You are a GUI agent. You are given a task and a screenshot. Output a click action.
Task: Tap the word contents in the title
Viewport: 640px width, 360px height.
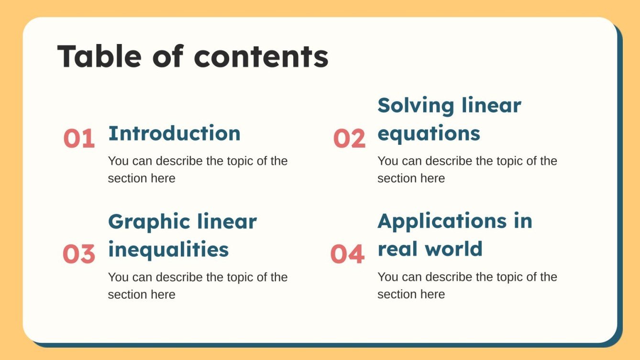pyautogui.click(x=261, y=56)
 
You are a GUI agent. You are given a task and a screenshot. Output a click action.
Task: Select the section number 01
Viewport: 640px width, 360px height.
pyautogui.click(x=79, y=139)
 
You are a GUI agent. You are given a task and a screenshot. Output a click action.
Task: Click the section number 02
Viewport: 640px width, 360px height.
pyautogui.click(x=349, y=139)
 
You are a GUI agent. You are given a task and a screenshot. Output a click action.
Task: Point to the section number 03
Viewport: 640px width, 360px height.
pyautogui.click(x=79, y=254)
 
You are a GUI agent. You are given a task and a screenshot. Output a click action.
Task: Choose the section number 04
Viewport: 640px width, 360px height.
pyautogui.click(x=347, y=254)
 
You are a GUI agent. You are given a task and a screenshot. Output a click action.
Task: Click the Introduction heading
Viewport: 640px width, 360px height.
pyautogui.click(x=174, y=133)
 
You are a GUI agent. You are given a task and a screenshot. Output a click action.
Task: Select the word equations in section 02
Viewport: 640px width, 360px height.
pyautogui.click(x=429, y=134)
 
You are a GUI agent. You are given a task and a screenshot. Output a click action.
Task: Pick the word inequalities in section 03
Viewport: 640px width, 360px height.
pyautogui.click(x=168, y=250)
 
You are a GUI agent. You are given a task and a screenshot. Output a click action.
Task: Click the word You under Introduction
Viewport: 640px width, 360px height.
pyautogui.click(x=118, y=161)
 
